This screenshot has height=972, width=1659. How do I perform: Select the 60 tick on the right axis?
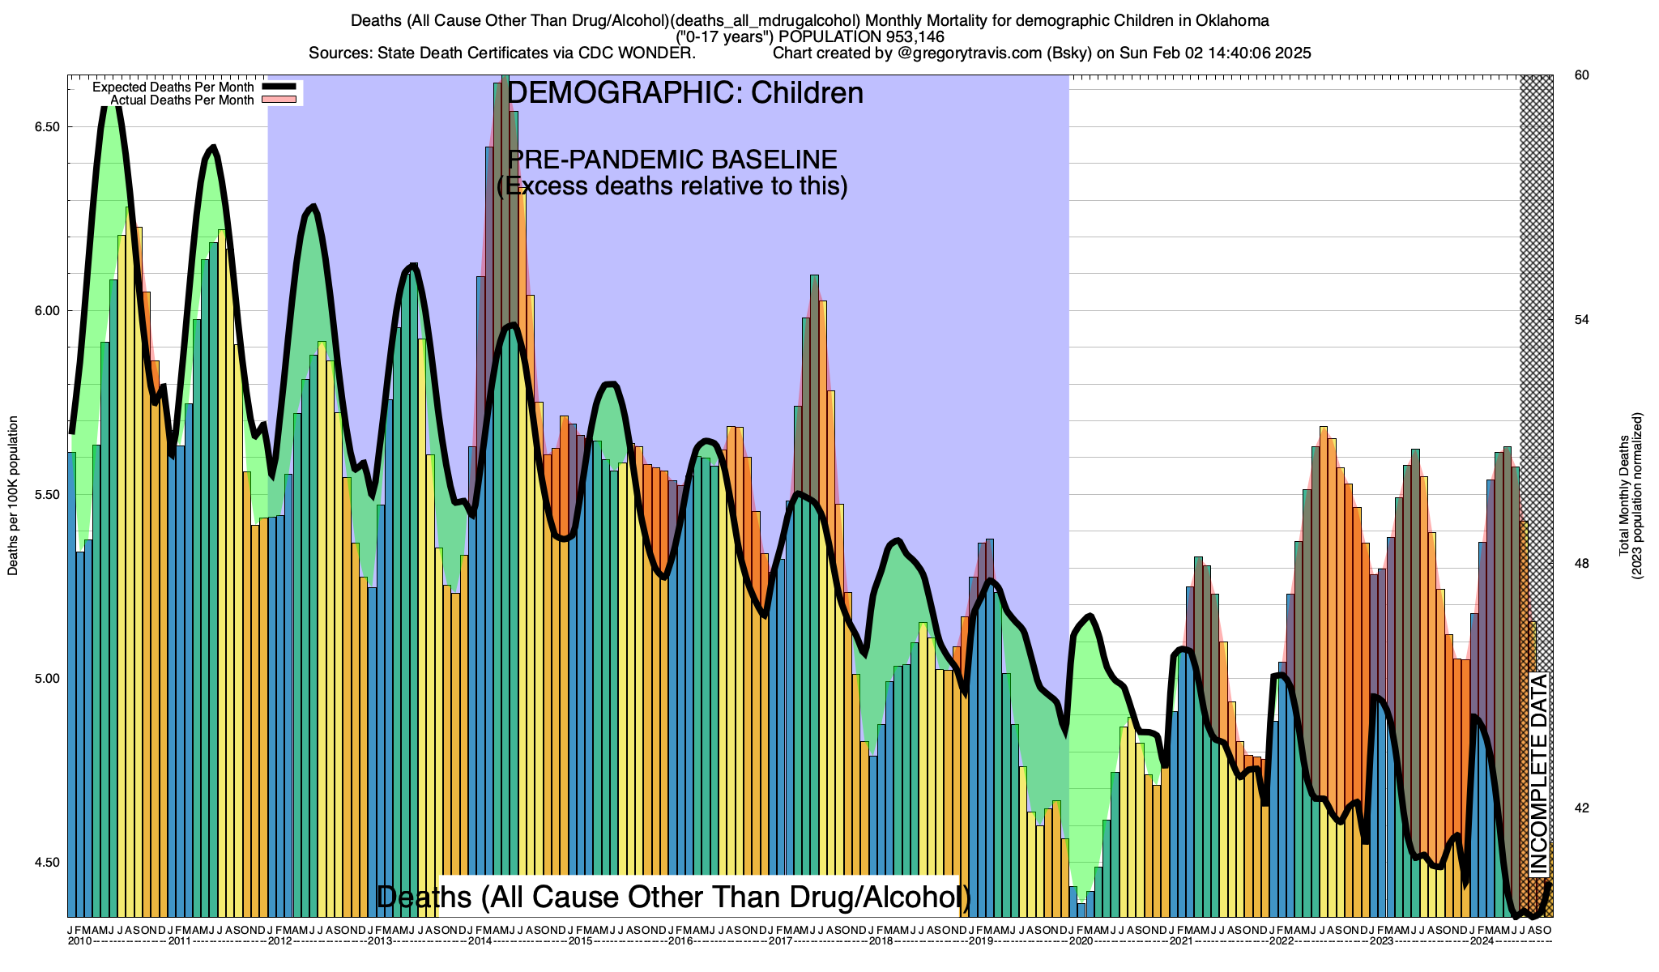coord(1581,75)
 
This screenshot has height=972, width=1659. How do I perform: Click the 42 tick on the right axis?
coord(1581,808)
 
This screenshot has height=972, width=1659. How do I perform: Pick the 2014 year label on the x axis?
coord(480,941)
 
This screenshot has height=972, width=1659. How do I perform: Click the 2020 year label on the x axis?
coord(1081,941)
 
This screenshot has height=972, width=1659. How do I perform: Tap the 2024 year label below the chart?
coord(1482,941)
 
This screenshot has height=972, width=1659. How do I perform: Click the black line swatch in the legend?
coord(282,87)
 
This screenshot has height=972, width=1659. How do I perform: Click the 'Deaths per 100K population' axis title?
coord(13,496)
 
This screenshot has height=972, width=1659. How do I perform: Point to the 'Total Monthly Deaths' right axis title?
coord(1623,496)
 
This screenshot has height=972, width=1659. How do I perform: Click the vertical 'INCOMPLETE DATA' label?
coord(1537,774)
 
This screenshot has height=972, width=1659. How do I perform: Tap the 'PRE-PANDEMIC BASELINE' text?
coord(672,160)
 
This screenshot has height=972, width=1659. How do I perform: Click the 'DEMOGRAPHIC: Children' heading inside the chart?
coord(684,93)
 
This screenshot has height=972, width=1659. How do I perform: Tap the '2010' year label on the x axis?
coord(79,941)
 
